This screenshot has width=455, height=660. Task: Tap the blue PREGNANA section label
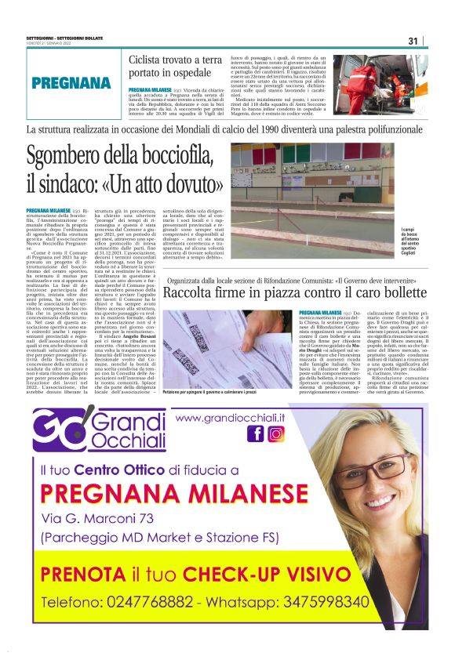tap(71, 83)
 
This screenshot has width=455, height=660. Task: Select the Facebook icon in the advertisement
tap(256, 433)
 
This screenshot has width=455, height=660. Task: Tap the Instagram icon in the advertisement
tap(275, 433)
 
